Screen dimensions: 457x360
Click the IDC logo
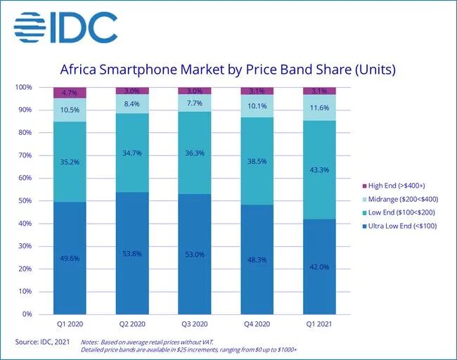[65, 27]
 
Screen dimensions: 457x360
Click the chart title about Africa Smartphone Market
[228, 70]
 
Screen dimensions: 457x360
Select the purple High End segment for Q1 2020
[70, 93]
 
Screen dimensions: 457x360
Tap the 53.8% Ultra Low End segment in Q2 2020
[132, 253]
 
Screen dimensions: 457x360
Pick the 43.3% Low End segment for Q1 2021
[319, 170]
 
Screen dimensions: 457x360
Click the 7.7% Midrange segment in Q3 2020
[195, 103]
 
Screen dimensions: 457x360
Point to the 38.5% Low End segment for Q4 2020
[257, 161]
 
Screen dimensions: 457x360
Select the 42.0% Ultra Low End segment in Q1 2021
[319, 266]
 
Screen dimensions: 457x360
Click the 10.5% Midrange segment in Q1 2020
[70, 110]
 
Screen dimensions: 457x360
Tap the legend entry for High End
[394, 186]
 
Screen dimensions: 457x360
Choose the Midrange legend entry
[400, 200]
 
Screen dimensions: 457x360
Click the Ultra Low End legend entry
[399, 226]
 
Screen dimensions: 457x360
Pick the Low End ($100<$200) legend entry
[399, 212]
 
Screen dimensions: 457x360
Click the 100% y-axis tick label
[23, 87]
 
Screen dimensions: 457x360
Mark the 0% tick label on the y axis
[27, 314]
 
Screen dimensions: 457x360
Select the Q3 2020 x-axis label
[195, 324]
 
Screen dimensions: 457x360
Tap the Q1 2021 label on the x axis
[319, 324]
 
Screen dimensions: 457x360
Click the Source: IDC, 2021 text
[43, 342]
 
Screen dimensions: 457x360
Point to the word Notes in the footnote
[89, 342]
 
